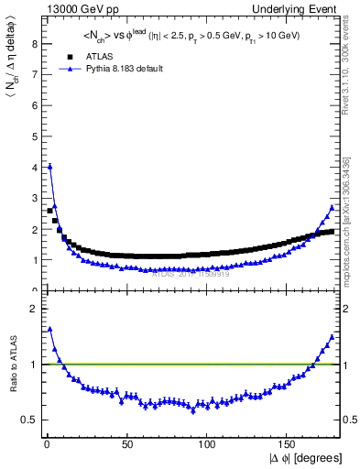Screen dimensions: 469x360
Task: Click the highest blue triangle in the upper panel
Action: coord(49,167)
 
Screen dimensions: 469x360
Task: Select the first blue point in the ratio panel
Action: coord(49,329)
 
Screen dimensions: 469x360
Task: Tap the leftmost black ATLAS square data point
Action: coord(49,211)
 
